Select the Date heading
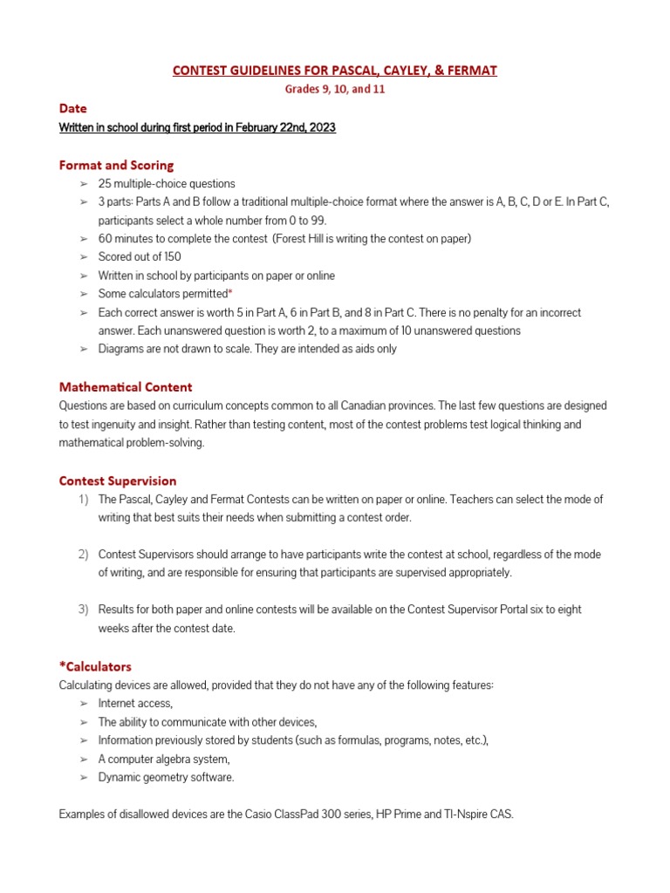click(72, 109)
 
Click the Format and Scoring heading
click(116, 165)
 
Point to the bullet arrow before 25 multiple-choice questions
click(84, 184)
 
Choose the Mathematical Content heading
click(126, 386)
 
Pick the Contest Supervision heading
click(118, 481)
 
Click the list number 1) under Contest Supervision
click(83, 500)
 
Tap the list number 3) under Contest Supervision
click(83, 610)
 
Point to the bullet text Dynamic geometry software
click(166, 777)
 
